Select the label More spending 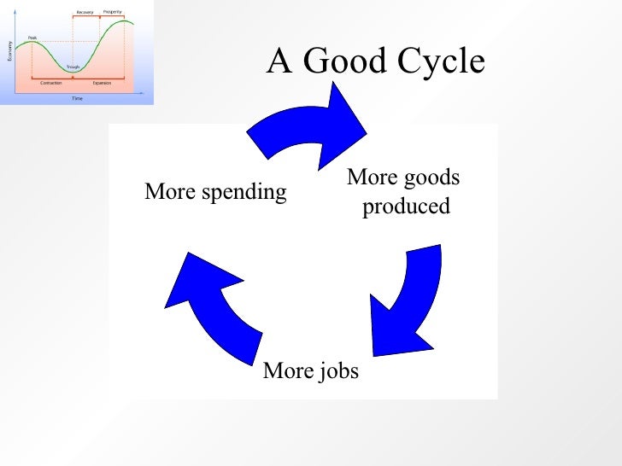tap(215, 192)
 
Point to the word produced tap(406, 207)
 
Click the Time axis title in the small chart tap(77, 98)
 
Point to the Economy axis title tap(9, 51)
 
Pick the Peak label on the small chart tap(32, 38)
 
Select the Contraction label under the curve tap(51, 83)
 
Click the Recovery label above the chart tap(85, 12)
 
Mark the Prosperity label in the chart tap(113, 12)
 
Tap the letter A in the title tap(279, 61)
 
